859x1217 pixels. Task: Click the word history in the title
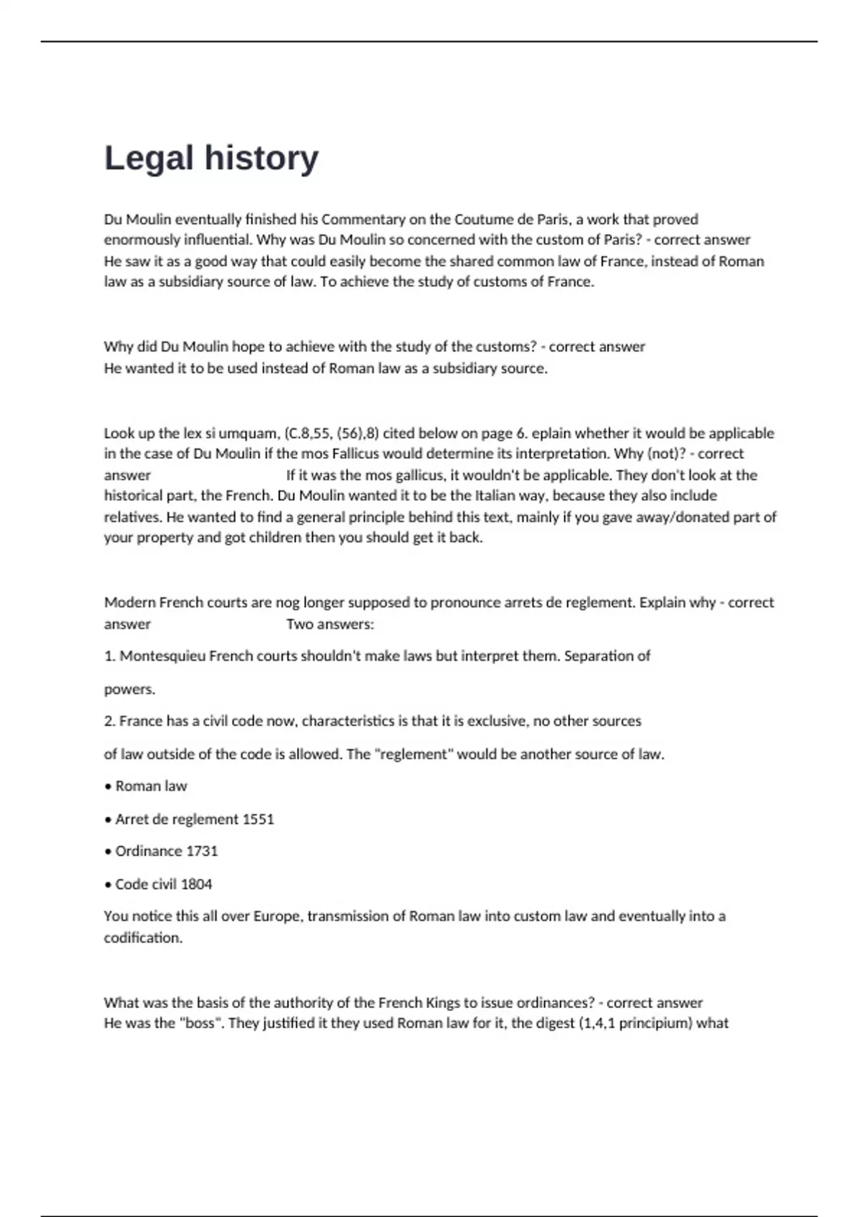click(261, 159)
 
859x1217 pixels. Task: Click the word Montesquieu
click(162, 656)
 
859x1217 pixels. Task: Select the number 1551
click(258, 819)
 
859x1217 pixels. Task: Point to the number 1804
click(196, 884)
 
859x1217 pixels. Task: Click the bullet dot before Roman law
click(108, 787)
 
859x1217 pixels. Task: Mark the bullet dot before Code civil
click(108, 885)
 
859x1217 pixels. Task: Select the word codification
click(142, 938)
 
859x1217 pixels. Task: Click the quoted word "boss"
click(200, 1023)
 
